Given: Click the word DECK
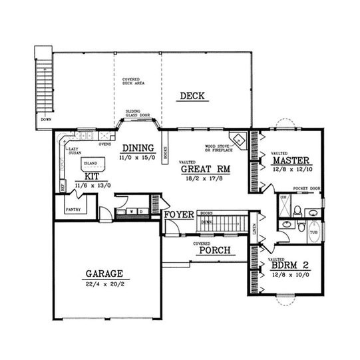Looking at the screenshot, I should pyautogui.click(x=194, y=96).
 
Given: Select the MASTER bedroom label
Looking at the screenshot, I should pyautogui.click(x=293, y=160).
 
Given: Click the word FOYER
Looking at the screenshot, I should pyautogui.click(x=180, y=214).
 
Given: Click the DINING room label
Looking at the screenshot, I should pyautogui.click(x=138, y=148).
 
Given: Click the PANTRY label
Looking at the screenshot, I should pyautogui.click(x=73, y=209).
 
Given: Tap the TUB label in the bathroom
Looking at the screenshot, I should pyautogui.click(x=313, y=232).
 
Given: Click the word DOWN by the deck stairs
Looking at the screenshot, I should pyautogui.click(x=45, y=120).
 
